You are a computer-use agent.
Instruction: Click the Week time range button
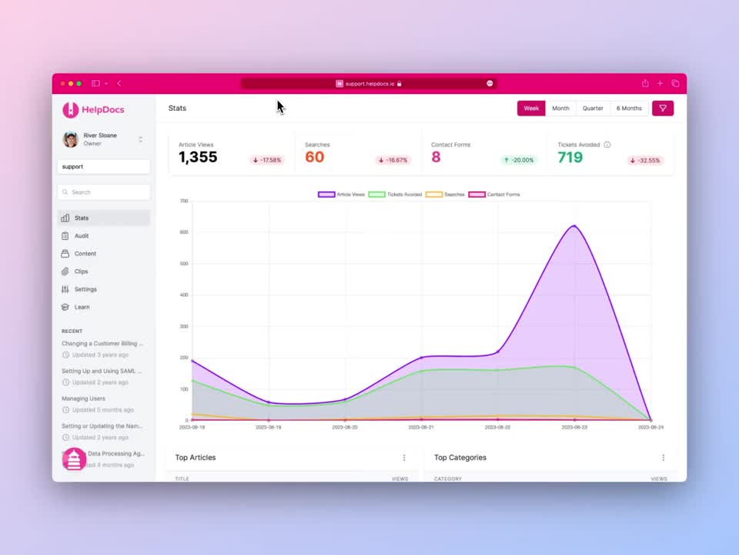point(531,109)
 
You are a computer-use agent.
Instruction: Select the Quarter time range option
point(593,109)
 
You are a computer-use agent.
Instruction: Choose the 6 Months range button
point(629,109)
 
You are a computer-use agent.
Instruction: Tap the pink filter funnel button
point(663,109)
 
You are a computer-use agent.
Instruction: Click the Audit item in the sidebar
point(82,236)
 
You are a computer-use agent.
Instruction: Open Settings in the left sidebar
point(85,289)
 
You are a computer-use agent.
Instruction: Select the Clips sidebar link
point(81,271)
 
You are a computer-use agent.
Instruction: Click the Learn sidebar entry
point(82,307)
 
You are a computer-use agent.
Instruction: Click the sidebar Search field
point(104,192)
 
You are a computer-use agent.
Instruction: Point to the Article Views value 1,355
point(198,157)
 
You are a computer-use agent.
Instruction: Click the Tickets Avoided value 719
point(570,157)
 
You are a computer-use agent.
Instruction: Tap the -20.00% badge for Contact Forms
point(519,160)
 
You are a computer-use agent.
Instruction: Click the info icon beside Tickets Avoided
point(607,145)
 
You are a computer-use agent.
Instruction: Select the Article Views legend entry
point(342,194)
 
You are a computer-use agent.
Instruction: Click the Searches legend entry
point(445,194)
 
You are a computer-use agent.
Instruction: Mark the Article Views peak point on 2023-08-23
point(574,226)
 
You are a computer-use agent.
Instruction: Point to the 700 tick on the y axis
point(184,201)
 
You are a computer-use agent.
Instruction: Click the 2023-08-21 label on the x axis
point(421,426)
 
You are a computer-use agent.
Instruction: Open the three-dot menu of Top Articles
point(404,458)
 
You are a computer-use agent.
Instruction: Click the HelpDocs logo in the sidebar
point(93,109)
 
